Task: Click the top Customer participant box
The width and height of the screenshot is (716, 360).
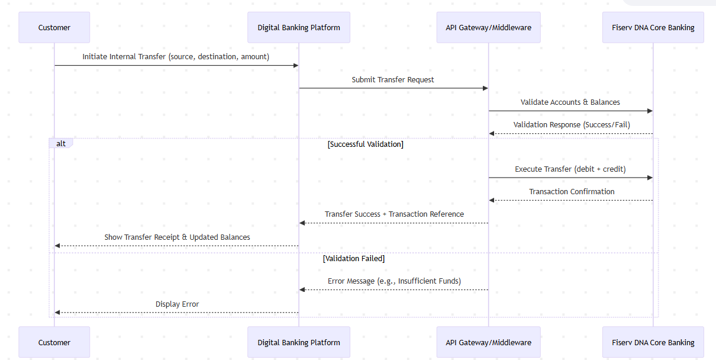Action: click(x=54, y=27)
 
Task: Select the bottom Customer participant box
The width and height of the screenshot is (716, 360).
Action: click(x=54, y=342)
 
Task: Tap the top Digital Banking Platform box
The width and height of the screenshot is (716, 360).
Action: click(x=299, y=27)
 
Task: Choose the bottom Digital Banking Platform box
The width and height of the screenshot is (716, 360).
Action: click(x=299, y=342)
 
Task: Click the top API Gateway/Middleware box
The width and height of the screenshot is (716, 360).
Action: click(x=488, y=27)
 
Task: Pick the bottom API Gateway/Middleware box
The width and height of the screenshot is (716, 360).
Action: click(x=488, y=342)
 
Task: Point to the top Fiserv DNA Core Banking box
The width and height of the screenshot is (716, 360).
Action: click(x=653, y=27)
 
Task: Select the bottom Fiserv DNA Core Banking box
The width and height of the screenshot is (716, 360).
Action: click(x=653, y=342)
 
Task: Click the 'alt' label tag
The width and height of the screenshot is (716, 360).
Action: click(x=61, y=143)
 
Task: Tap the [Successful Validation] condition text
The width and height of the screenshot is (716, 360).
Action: click(x=365, y=144)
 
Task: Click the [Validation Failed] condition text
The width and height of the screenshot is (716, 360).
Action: click(x=354, y=258)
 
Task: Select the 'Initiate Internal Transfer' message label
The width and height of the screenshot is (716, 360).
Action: click(x=176, y=57)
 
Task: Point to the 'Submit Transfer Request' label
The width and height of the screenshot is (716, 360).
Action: click(x=393, y=79)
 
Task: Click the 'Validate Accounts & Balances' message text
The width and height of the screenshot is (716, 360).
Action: click(x=570, y=102)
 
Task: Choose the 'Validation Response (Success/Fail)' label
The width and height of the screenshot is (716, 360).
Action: click(x=572, y=125)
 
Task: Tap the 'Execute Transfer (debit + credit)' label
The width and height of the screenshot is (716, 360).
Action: click(x=570, y=169)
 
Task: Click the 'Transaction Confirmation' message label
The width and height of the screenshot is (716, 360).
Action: click(x=572, y=191)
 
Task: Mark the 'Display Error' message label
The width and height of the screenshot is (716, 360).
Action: click(x=177, y=304)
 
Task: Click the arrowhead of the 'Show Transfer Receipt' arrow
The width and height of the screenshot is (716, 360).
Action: click(x=57, y=246)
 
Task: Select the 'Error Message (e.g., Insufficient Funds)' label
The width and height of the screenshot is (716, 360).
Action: click(x=394, y=281)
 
